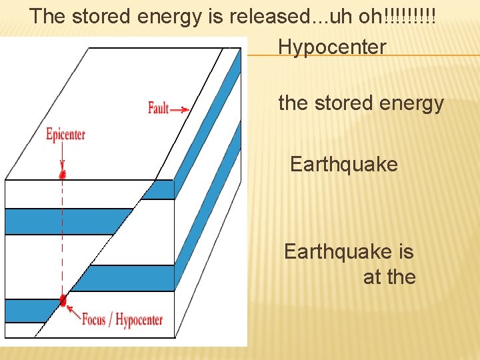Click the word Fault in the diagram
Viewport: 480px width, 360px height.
pos(158,107)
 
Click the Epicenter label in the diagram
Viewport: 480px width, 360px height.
pos(65,134)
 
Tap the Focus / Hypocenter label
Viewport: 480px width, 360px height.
pos(122,319)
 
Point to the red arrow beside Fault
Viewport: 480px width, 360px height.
pos(180,109)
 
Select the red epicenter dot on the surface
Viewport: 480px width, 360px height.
pos(63,175)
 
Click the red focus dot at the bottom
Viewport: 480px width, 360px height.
pos(63,300)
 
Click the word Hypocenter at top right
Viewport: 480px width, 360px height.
pos(332,47)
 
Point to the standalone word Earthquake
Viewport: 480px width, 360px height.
pos(344,164)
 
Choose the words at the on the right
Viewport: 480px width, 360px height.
pos(389,276)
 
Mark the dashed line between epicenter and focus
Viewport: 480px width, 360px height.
pos(63,240)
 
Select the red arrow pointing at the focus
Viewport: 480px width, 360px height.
pos(73,309)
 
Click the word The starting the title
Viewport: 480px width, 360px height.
pos(47,16)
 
